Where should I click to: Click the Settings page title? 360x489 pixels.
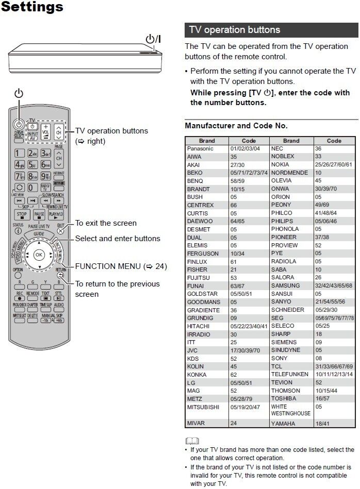(32, 7)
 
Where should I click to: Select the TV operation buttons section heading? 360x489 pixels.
(235, 30)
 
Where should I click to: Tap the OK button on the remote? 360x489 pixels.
(39, 255)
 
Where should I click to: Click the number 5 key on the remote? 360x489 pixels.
(32, 165)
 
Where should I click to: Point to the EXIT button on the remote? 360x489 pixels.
(61, 230)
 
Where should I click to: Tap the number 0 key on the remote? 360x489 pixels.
(32, 188)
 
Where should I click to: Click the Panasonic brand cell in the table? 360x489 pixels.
(200, 148)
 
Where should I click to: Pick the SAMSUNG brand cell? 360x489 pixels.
(285, 285)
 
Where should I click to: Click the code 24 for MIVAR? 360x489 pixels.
(234, 424)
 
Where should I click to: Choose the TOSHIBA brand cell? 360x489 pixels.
(284, 398)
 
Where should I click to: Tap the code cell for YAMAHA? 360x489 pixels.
(323, 424)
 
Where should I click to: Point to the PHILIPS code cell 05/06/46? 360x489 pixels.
(325, 221)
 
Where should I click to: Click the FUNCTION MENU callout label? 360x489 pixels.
(121, 266)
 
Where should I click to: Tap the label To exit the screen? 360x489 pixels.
(106, 223)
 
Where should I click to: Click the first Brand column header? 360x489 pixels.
(207, 141)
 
